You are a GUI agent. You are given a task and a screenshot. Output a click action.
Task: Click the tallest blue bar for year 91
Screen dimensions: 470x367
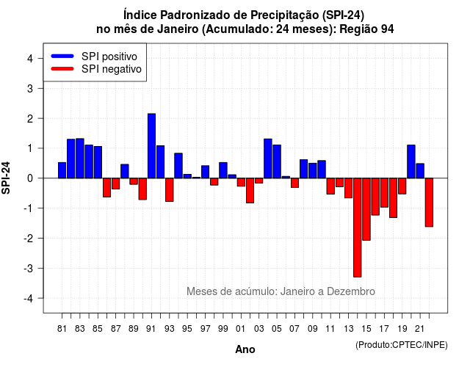point(152,146)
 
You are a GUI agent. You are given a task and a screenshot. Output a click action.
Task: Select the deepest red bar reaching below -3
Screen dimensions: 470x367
point(358,228)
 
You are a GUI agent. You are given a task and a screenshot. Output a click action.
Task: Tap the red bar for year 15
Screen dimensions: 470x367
point(366,209)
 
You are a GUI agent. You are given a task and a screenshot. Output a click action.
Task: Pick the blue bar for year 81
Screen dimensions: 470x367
point(62,170)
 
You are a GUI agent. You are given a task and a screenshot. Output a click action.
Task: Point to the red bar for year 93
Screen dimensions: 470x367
point(170,190)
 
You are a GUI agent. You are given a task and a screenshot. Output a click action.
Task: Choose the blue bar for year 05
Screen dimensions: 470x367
point(277,161)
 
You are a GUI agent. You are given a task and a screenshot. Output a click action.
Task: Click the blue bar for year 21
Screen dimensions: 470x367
point(420,171)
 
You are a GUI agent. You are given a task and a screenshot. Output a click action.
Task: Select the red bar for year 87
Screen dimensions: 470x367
point(116,183)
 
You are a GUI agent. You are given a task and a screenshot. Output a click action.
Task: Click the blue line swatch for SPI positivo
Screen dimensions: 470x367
point(62,56)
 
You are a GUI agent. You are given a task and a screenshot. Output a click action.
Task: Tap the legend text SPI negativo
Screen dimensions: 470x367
point(112,69)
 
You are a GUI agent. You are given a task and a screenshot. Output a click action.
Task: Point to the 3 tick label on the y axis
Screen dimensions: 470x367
point(30,88)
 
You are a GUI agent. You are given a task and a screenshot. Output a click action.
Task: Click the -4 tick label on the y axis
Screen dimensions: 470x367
point(29,299)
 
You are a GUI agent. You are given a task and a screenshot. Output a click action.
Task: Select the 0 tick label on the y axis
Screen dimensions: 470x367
point(30,178)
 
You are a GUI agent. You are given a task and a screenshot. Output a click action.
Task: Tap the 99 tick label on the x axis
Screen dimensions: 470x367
point(223,329)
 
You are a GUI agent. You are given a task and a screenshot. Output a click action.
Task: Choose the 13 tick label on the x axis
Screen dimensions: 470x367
point(348,329)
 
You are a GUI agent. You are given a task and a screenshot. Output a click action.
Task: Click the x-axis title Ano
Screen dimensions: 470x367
point(245,349)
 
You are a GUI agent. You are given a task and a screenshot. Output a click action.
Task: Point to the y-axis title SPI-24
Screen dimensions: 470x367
point(6,178)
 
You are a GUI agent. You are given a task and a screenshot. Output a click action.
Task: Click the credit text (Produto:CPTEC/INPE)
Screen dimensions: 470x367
point(402,345)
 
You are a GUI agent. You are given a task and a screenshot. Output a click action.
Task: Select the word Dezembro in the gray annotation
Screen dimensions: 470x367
point(351,291)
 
